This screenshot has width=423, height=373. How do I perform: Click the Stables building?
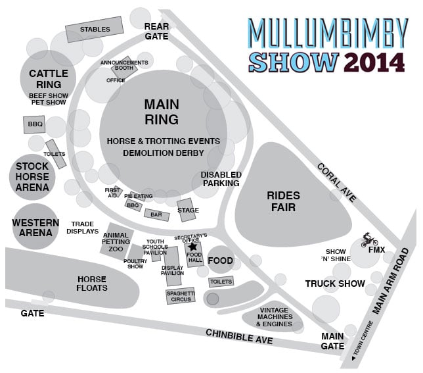pyautogui.click(x=95, y=29)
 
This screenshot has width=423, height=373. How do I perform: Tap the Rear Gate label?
pyautogui.click(x=157, y=30)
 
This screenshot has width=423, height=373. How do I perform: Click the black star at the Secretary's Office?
pyautogui.click(x=193, y=247)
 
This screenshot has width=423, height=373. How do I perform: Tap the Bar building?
pyautogui.click(x=156, y=214)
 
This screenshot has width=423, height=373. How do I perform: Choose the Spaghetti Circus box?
pyautogui.click(x=179, y=295)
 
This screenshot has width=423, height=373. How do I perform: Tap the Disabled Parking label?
pyautogui.click(x=221, y=178)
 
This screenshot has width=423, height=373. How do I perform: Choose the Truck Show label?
pyautogui.click(x=335, y=284)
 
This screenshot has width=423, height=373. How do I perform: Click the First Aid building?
pyautogui.click(x=114, y=193)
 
